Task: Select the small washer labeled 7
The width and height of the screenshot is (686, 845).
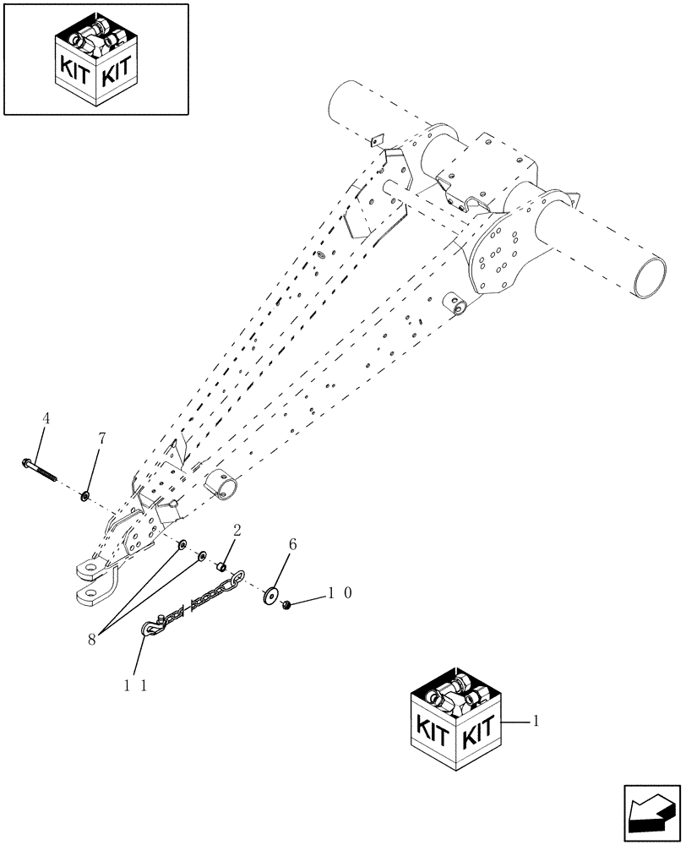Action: click(85, 494)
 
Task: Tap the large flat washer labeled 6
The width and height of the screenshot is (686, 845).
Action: click(270, 595)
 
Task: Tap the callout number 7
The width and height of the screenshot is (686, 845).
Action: click(102, 438)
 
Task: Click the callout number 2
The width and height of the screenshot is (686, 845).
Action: click(237, 531)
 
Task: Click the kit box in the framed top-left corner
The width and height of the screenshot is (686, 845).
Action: click(95, 63)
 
